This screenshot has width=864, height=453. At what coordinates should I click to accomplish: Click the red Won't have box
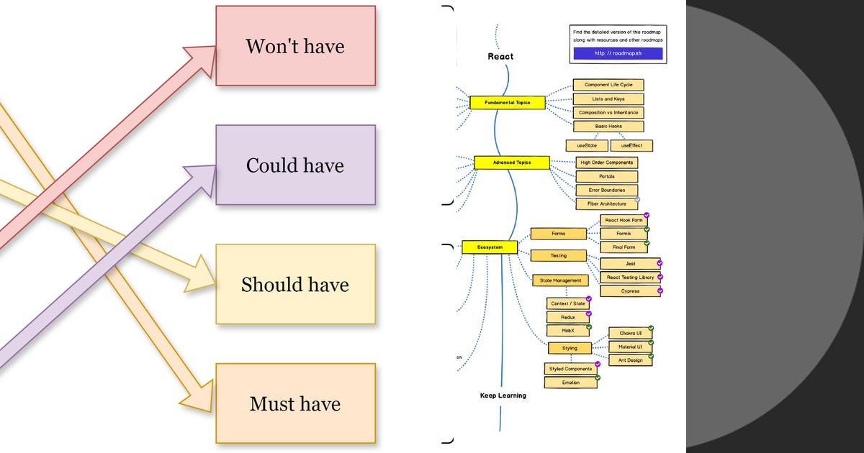295,46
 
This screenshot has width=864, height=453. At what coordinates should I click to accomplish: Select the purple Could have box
295,165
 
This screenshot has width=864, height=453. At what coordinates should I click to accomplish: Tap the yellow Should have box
295,284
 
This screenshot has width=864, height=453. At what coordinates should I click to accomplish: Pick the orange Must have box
295,403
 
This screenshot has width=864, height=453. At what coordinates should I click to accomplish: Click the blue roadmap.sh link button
618,53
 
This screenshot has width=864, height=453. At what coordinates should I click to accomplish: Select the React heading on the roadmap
500,56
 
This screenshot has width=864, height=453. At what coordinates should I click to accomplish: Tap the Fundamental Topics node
507,103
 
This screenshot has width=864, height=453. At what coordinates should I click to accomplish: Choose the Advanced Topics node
512,163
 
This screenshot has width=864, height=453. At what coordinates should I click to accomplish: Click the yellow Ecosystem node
489,247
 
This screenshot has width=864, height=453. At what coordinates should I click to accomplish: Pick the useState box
586,146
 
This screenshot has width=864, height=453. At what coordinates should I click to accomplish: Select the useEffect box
631,146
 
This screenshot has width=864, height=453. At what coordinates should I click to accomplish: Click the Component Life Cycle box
608,85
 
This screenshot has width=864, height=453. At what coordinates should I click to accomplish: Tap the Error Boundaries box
606,190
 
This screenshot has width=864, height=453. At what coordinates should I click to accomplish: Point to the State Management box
559,280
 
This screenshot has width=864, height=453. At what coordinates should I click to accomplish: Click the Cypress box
629,291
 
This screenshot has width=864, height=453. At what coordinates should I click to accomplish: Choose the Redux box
567,317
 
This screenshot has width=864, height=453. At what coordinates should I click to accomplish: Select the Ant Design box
630,360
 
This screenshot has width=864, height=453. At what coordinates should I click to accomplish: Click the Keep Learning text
503,395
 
